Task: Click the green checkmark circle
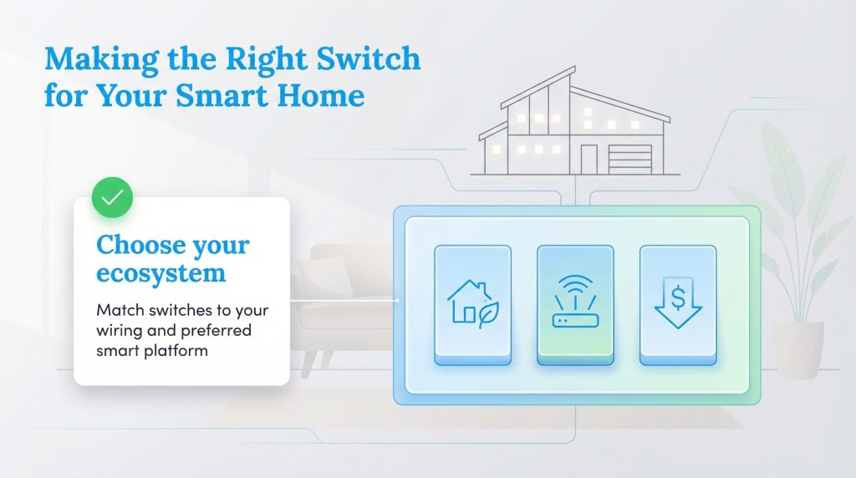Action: (111, 197)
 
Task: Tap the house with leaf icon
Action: (472, 304)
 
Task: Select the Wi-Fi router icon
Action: (575, 304)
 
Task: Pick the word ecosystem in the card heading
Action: (160, 273)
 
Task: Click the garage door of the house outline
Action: (630, 158)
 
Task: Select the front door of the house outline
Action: (589, 159)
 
